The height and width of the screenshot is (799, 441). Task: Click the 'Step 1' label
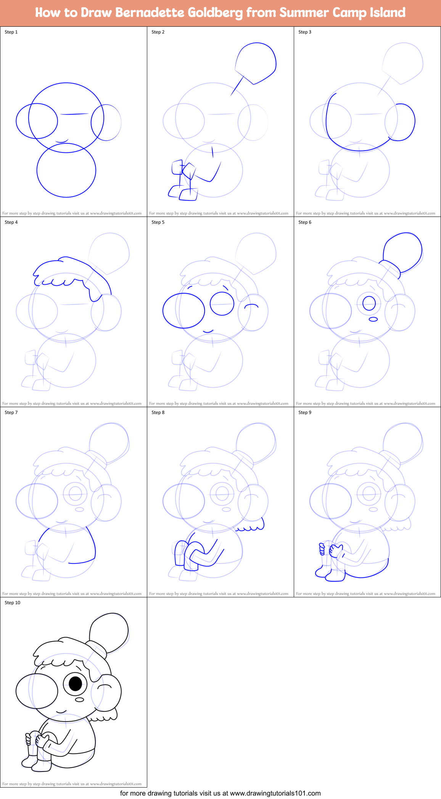11,32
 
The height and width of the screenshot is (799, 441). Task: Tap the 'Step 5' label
158,222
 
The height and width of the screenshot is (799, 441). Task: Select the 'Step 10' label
12,603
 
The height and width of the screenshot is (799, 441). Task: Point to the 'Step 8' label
158,412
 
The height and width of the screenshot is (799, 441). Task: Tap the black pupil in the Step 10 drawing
76,683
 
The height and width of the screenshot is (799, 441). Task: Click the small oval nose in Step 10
79,700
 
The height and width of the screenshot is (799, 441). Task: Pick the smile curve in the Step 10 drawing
61,712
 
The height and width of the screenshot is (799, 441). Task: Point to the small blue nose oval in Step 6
373,319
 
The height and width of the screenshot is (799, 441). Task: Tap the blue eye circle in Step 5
222,304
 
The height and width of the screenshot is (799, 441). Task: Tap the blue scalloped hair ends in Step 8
250,528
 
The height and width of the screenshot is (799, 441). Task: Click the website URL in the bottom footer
275,793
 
